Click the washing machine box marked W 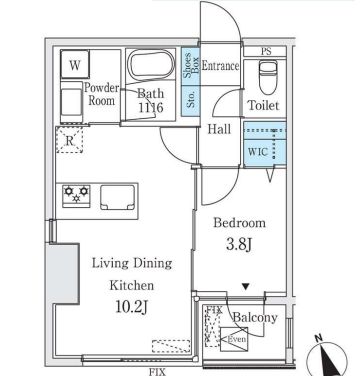(x=75, y=67)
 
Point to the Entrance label (x=220, y=66)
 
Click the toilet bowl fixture (x=266, y=77)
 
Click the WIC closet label (x=256, y=151)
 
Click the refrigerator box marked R (x=70, y=140)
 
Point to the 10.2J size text (x=132, y=306)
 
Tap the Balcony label (x=254, y=318)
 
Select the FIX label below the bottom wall (x=157, y=370)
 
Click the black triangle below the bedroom (x=246, y=285)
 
